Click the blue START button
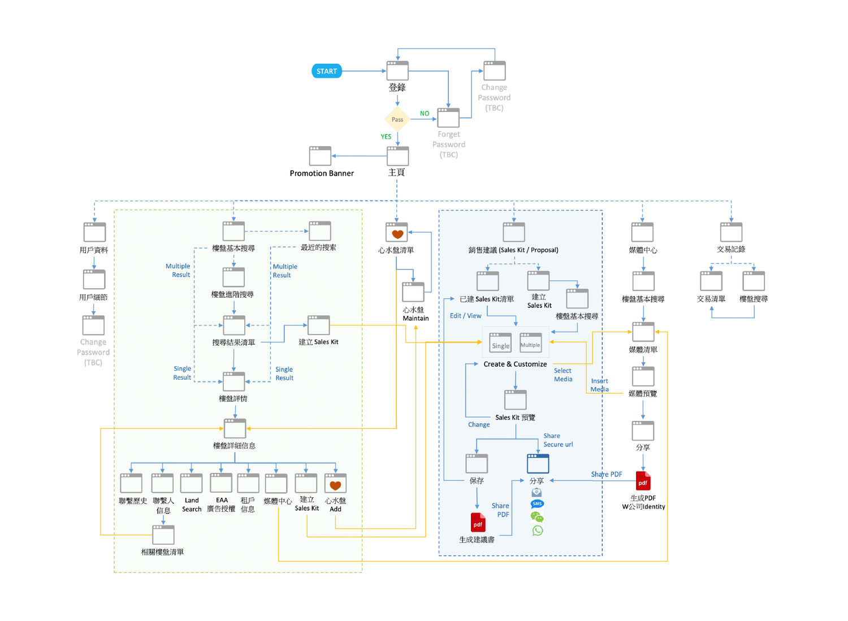pyautogui.click(x=327, y=71)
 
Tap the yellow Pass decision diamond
pyautogui.click(x=397, y=119)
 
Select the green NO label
pyautogui.click(x=425, y=114)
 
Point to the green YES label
pyautogui.click(x=386, y=137)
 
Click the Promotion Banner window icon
pyautogui.click(x=320, y=156)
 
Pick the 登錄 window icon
pyautogui.click(x=397, y=71)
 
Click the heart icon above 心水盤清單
pyautogui.click(x=397, y=233)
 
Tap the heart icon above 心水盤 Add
pyautogui.click(x=335, y=484)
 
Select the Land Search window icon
pyautogui.click(x=191, y=483)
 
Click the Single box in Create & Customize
pyautogui.click(x=500, y=343)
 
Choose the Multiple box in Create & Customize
pyautogui.click(x=530, y=343)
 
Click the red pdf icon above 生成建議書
pyautogui.click(x=478, y=523)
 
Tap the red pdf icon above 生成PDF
pyautogui.click(x=643, y=481)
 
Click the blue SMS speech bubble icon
pyautogui.click(x=537, y=503)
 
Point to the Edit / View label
pyautogui.click(x=465, y=316)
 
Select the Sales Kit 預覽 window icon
pyautogui.click(x=515, y=400)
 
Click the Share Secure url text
pyautogui.click(x=557, y=440)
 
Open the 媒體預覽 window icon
pyautogui.click(x=643, y=376)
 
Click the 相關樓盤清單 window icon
pyautogui.click(x=163, y=535)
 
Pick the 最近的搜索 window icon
pyautogui.click(x=319, y=231)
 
